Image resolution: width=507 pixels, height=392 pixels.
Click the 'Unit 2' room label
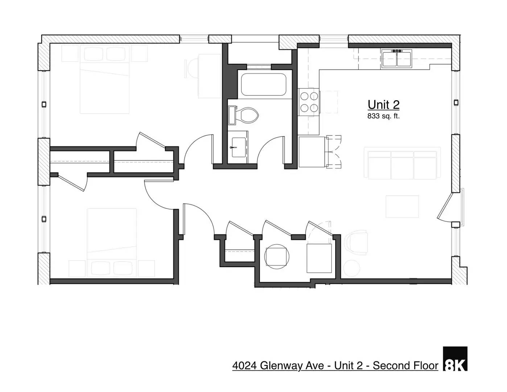[x=383, y=105]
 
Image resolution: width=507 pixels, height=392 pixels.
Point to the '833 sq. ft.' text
[x=383, y=117]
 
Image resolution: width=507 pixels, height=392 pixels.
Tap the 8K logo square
[x=455, y=359]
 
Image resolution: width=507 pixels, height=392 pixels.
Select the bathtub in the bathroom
[x=264, y=85]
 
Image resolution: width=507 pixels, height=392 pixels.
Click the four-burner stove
[x=309, y=102]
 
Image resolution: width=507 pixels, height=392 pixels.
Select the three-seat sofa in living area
[x=402, y=163]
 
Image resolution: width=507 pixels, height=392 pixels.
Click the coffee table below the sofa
[x=402, y=207]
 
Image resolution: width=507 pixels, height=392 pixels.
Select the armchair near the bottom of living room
[x=355, y=242]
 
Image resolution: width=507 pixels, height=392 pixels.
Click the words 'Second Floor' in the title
[x=405, y=366]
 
